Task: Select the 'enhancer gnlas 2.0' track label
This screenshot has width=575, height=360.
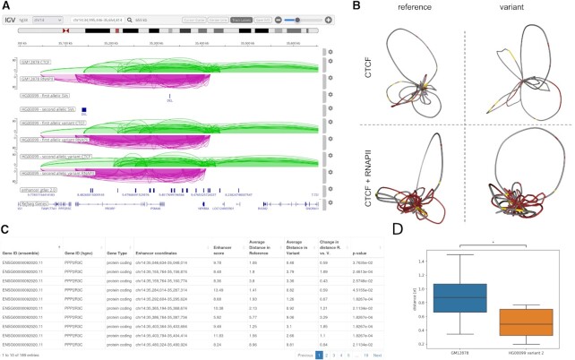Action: pos(43,190)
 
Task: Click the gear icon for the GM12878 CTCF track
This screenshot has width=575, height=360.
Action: pos(330,62)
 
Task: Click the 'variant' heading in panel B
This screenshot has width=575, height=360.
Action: pos(505,13)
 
